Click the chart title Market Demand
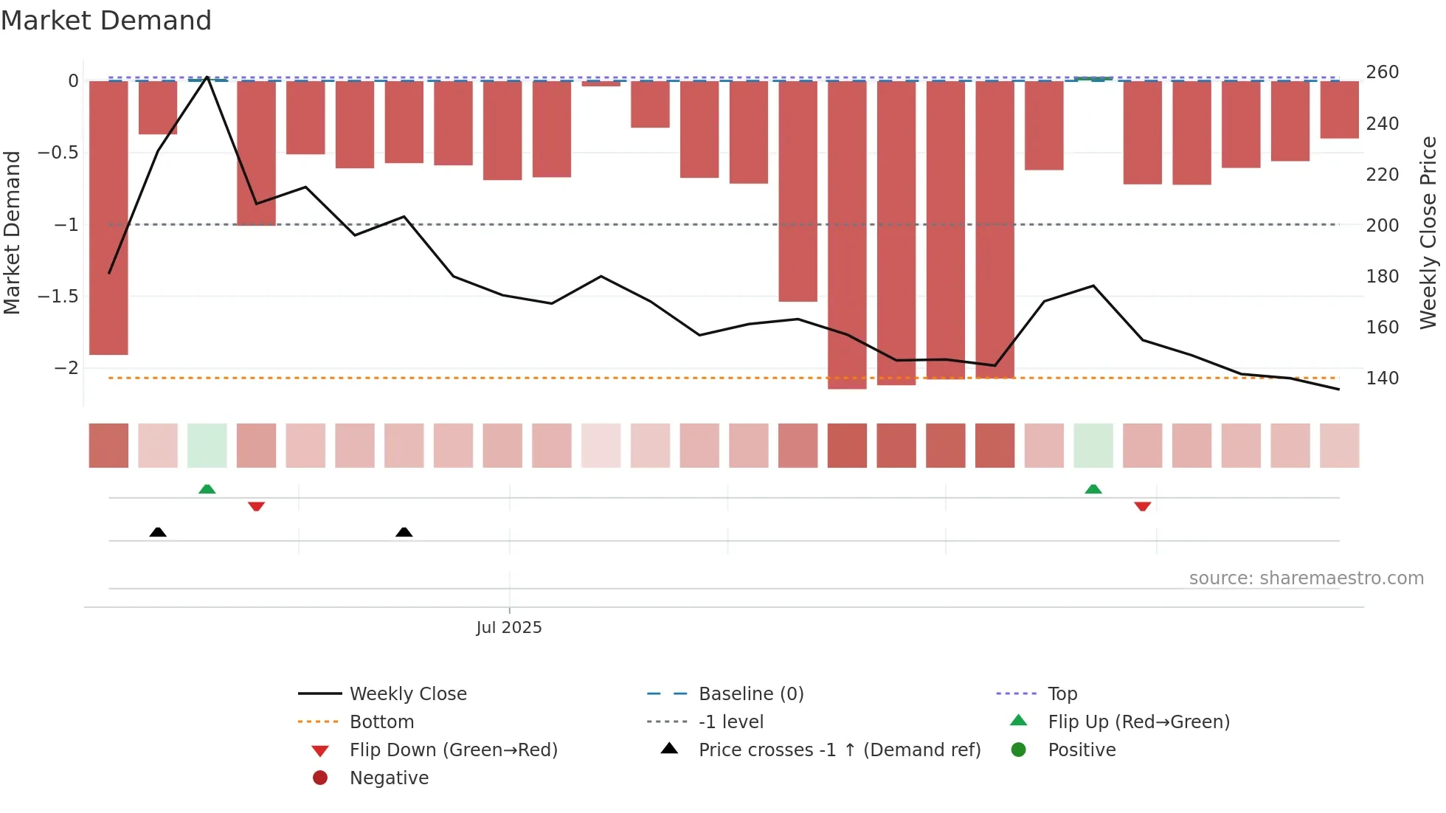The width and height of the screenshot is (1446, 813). (106, 21)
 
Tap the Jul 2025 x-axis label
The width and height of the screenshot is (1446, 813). (508, 628)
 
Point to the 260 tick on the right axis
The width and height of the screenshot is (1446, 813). (1382, 72)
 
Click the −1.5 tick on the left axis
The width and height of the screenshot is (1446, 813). (58, 297)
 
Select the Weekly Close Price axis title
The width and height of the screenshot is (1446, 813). (1428, 232)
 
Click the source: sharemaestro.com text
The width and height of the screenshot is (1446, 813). (1306, 578)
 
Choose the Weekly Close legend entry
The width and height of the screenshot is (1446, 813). (407, 694)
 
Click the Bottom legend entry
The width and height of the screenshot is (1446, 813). (381, 722)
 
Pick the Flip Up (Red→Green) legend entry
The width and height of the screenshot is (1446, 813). (1138, 722)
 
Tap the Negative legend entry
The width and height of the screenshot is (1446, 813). (389, 778)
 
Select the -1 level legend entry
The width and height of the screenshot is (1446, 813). (730, 722)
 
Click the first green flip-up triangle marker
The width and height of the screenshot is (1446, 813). (207, 489)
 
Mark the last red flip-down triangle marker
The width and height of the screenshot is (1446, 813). (1143, 506)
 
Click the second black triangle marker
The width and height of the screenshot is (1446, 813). (404, 532)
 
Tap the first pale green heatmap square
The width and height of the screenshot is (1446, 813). (207, 446)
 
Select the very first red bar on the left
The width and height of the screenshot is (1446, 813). (108, 218)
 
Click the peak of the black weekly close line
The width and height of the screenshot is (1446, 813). (207, 77)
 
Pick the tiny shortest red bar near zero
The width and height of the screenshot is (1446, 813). (601, 83)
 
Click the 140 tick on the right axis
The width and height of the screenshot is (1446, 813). (1382, 378)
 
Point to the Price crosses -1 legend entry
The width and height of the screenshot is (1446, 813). (839, 750)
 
